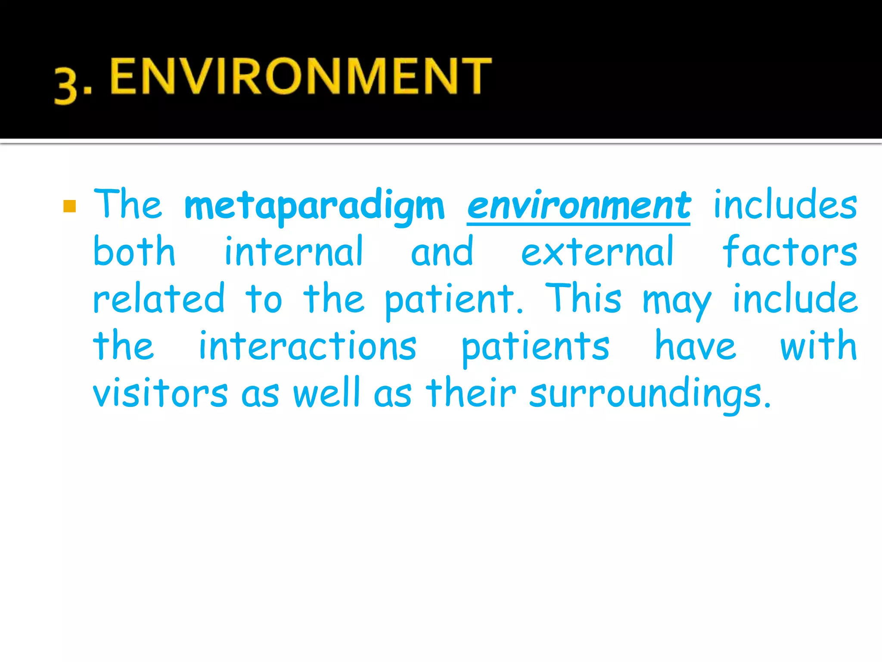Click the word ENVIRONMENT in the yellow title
click(x=301, y=76)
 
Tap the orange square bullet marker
click(x=69, y=206)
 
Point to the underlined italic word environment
click(x=578, y=206)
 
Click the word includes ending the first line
click(x=785, y=205)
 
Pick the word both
click(x=134, y=252)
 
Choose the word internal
click(x=294, y=252)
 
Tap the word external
click(x=597, y=253)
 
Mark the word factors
click(x=789, y=252)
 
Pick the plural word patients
click(x=535, y=347)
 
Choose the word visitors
click(x=160, y=393)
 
